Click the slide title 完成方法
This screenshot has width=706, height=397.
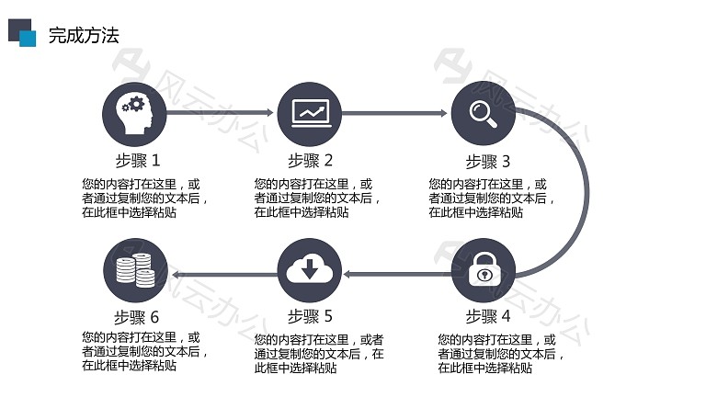click(x=84, y=36)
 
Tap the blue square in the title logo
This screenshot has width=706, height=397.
click(x=28, y=39)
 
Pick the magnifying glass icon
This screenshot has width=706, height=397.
click(x=484, y=113)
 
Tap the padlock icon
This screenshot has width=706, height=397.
click(x=484, y=270)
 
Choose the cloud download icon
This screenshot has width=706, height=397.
click(x=310, y=270)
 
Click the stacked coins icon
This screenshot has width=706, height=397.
click(x=135, y=270)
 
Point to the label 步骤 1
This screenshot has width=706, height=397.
click(x=138, y=160)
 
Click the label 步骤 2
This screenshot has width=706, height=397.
click(x=310, y=160)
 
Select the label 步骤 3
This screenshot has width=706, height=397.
click(x=487, y=161)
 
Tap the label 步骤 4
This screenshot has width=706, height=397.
click(x=487, y=316)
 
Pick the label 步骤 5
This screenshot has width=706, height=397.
click(x=310, y=316)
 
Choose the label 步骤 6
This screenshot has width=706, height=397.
click(x=136, y=317)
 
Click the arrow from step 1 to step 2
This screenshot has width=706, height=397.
click(x=220, y=112)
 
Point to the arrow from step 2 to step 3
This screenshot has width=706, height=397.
click(x=394, y=113)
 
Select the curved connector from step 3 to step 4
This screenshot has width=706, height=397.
click(x=587, y=191)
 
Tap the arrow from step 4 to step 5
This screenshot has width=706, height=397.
click(x=397, y=274)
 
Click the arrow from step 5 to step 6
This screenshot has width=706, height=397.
click(x=224, y=274)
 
